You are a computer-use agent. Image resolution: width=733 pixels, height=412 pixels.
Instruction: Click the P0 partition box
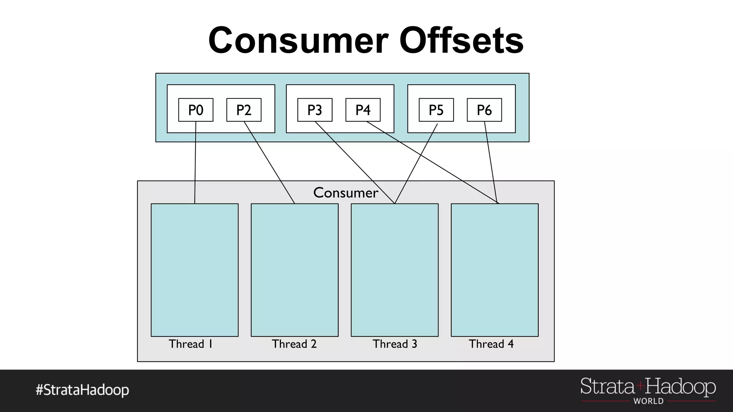pos(196,110)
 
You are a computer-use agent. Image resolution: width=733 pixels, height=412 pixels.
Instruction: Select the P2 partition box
pos(244,110)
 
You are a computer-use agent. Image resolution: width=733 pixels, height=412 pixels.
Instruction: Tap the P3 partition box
pos(315,110)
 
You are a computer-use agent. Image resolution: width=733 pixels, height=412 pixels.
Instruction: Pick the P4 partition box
pos(363,110)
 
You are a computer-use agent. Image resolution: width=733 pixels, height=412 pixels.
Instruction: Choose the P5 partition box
pos(436,110)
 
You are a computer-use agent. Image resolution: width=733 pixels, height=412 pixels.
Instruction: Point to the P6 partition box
pos(484,110)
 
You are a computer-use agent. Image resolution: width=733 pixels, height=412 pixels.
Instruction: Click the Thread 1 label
pos(191,344)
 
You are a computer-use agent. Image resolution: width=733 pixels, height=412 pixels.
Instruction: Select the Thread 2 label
pos(294,344)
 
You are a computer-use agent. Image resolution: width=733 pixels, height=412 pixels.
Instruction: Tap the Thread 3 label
pos(395,344)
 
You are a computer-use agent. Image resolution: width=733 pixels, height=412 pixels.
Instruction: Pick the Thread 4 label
pos(491,344)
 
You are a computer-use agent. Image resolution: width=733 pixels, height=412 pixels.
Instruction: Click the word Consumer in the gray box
pos(345,193)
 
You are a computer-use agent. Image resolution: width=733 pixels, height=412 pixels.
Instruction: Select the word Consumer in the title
pos(298,40)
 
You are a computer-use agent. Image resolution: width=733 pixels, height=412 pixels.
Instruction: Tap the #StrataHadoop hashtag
pos(82,390)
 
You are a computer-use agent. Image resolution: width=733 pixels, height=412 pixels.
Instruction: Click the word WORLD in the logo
pos(648,401)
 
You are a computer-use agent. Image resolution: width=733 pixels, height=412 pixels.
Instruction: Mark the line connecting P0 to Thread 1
pos(195,161)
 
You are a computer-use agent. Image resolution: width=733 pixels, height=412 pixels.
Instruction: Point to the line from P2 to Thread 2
pos(269,163)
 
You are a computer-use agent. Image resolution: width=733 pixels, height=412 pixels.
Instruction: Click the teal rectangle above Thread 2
pos(295,270)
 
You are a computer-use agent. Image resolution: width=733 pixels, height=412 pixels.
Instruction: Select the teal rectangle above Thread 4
pos(495,270)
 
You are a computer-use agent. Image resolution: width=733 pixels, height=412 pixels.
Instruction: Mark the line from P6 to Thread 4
pos(490,163)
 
